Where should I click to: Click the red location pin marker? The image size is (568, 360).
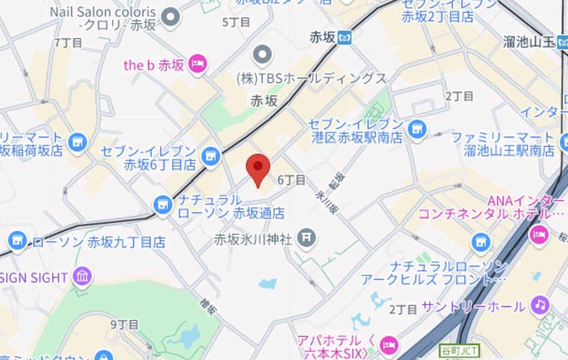(258, 167)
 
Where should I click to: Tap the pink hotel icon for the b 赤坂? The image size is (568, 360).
(198, 64)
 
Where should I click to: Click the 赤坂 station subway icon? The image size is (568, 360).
(343, 38)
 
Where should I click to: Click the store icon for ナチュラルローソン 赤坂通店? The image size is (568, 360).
(163, 204)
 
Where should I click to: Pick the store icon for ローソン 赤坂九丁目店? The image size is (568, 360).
(17, 241)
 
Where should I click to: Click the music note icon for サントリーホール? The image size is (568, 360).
(539, 305)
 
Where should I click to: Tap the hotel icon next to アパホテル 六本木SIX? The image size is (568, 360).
(389, 343)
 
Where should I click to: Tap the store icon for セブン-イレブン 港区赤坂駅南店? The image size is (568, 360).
(415, 129)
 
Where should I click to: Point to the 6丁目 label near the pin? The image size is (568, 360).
(291, 180)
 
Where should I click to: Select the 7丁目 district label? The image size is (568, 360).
(69, 42)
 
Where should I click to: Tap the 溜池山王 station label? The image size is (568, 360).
(529, 42)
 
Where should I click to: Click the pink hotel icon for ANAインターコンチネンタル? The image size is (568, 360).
(538, 234)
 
